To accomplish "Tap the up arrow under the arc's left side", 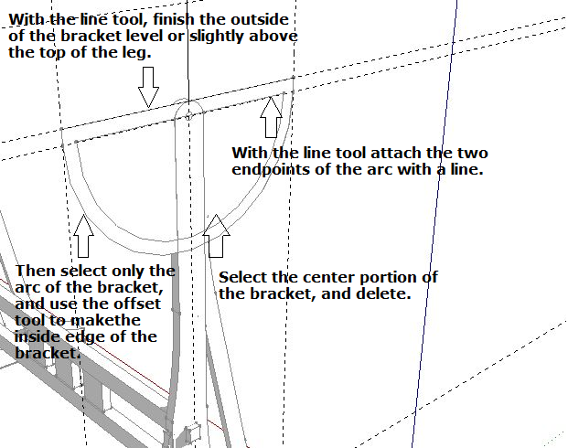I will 83,235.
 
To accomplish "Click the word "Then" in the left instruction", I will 34,271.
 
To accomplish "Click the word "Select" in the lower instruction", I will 242,277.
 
